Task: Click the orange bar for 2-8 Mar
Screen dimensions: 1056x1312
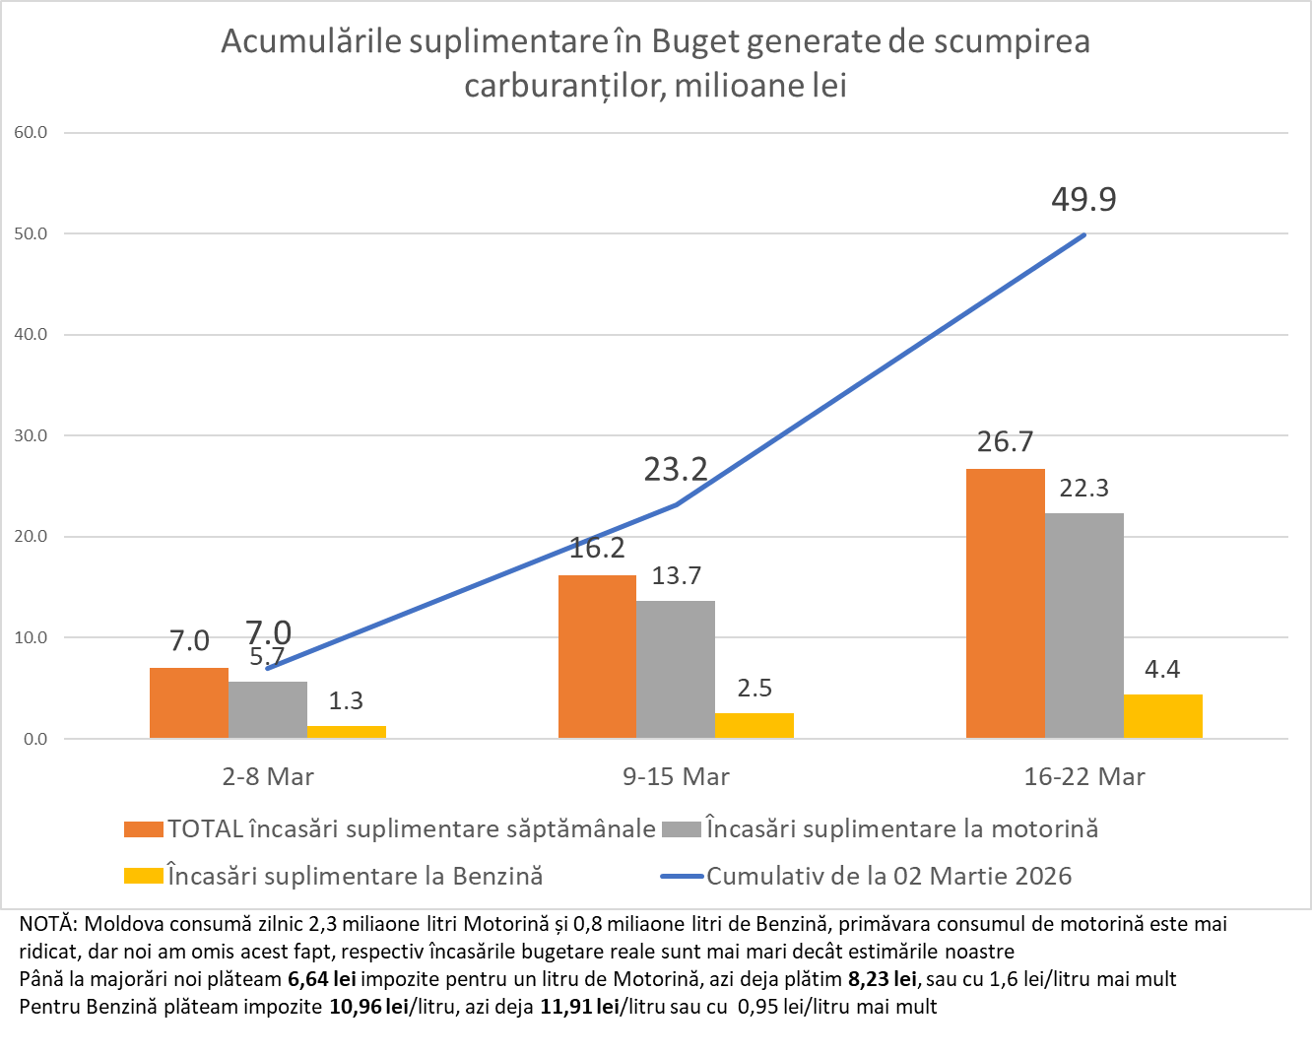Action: point(188,702)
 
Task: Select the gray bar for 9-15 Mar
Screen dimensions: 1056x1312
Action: point(676,669)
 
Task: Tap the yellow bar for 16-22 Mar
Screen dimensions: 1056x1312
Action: point(1162,716)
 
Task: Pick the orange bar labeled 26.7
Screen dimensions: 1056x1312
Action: point(1005,603)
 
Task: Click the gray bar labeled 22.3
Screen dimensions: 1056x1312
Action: point(1083,626)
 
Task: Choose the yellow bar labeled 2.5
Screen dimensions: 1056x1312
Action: point(754,725)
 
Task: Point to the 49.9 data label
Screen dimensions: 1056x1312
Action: point(1083,200)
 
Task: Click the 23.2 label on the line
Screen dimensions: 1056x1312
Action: point(676,470)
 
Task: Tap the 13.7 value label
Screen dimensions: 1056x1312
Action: point(676,576)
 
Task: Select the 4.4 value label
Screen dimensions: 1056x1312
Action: point(1162,670)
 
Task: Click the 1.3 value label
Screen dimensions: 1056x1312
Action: point(346,700)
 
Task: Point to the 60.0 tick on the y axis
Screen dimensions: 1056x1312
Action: point(31,133)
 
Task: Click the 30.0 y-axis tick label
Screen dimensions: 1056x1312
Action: point(31,435)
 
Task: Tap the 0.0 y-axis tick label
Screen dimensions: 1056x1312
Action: point(34,739)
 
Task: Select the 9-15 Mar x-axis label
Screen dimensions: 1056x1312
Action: point(676,777)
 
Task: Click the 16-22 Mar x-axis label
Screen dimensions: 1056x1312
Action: point(1084,777)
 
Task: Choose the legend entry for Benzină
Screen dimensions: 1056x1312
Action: point(355,876)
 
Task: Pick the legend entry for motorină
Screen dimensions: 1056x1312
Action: point(901,828)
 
